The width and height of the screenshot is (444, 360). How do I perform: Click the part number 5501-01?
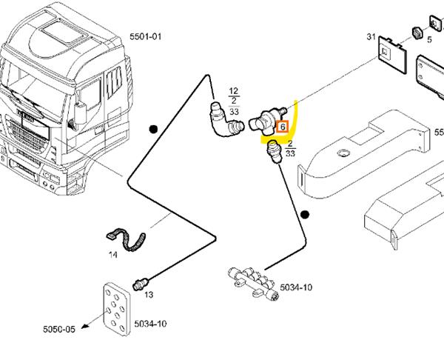click(x=145, y=36)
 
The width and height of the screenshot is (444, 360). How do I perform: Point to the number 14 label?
click(x=113, y=255)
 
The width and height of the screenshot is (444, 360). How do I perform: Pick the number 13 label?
click(x=148, y=295)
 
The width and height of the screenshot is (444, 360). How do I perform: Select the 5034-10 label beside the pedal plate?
click(x=150, y=324)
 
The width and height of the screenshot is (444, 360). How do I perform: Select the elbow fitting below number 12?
click(x=222, y=121)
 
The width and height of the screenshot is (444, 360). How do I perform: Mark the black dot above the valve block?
click(x=304, y=216)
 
